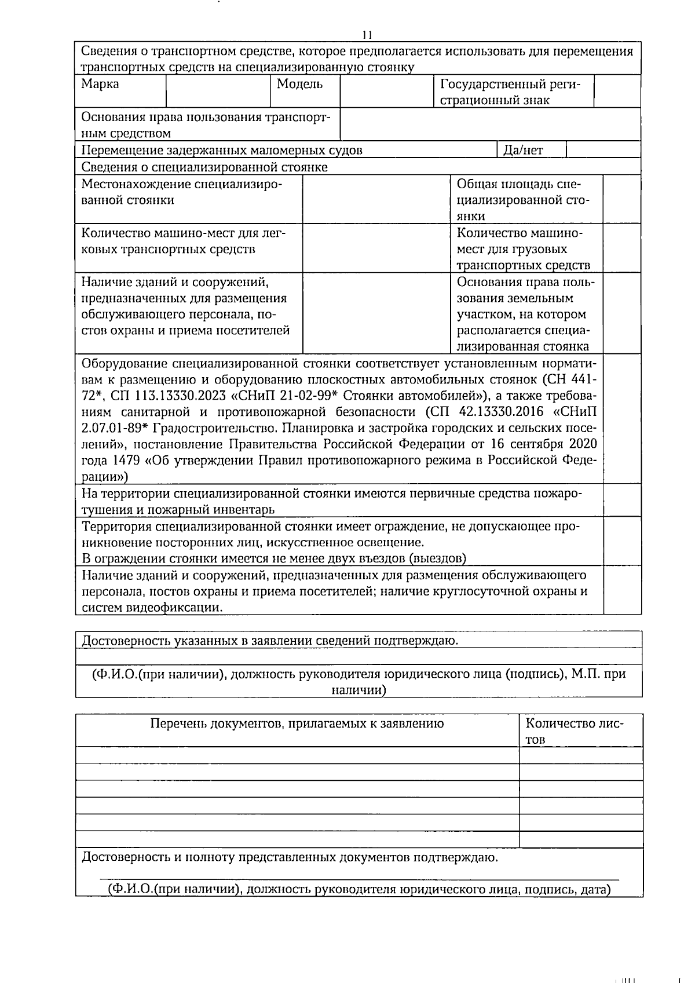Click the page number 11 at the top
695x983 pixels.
(367, 35)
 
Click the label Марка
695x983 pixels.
(100, 84)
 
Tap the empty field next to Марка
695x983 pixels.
(218, 91)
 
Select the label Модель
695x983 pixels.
(299, 84)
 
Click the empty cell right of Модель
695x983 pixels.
(386, 91)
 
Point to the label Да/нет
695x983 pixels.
(523, 151)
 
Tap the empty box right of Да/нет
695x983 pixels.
(603, 150)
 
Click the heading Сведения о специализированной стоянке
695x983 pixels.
(204, 167)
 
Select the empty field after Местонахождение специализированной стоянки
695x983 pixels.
(376, 199)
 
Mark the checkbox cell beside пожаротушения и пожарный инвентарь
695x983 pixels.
(621, 500)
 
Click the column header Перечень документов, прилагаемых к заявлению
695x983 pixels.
(297, 723)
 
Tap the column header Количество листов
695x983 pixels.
(575, 730)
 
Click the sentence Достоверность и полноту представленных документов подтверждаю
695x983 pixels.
(290, 857)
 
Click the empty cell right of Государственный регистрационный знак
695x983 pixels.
(617, 91)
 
